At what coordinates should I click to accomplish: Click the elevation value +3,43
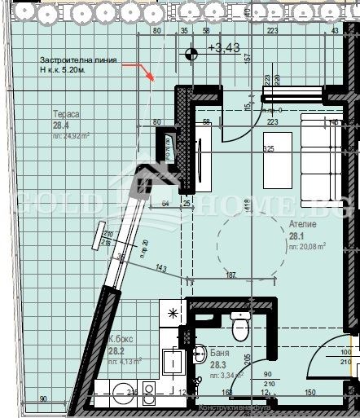pyautogui.click(x=223, y=49)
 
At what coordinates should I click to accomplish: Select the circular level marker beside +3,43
pyautogui.click(x=191, y=54)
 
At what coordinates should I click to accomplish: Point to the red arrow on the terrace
pyautogui.click(x=149, y=75)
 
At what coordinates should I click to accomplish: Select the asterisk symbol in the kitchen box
pyautogui.click(x=173, y=312)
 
